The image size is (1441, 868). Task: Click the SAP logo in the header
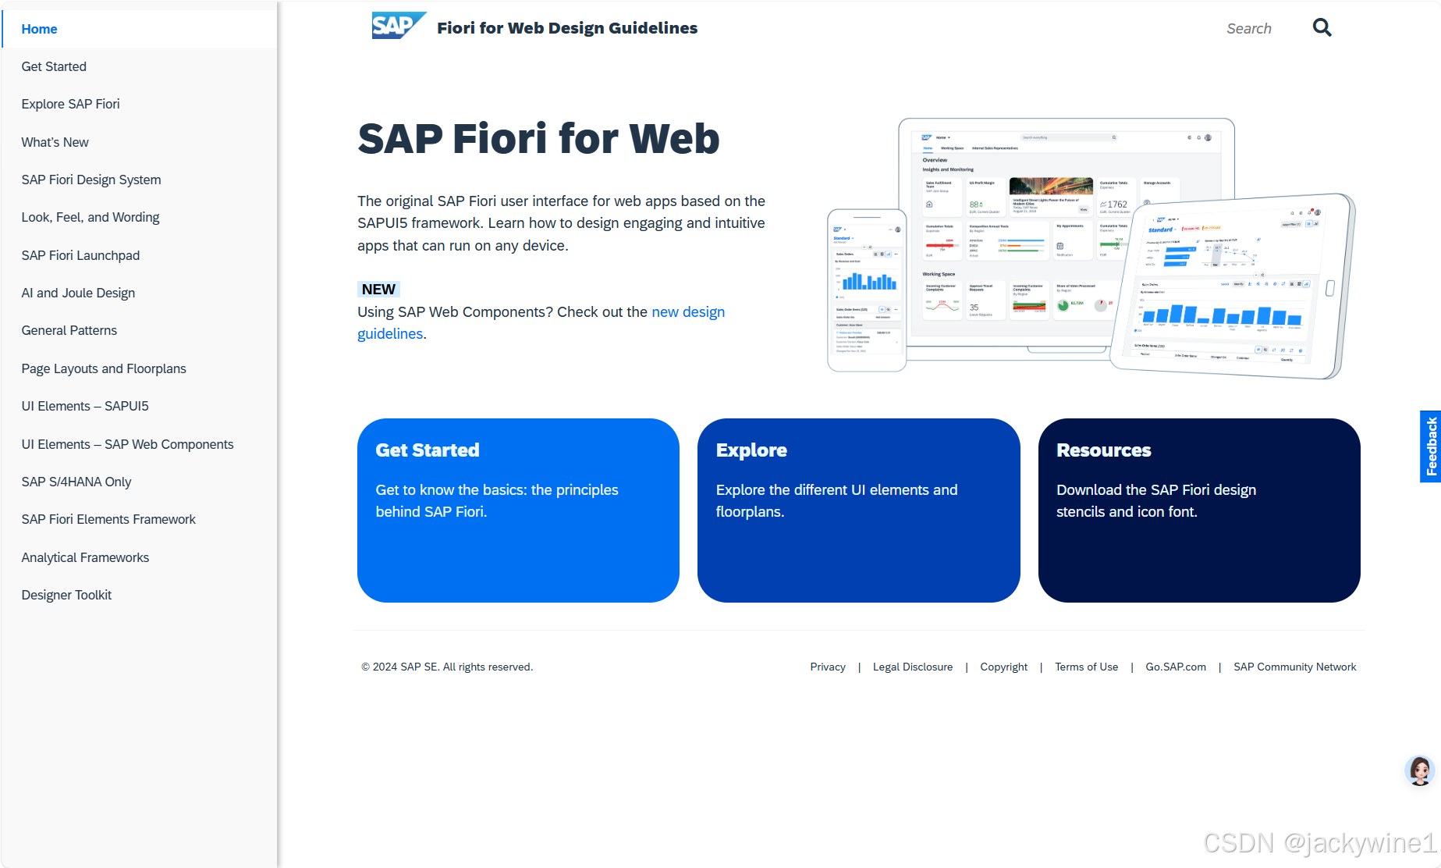[x=398, y=26]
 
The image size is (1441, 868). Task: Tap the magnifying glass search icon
[x=1322, y=28]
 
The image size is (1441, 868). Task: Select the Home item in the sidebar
[x=39, y=29]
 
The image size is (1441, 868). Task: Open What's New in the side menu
[x=55, y=142]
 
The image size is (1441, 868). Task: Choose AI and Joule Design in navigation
[x=78, y=293]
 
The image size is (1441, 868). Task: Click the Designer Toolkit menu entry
[x=66, y=595]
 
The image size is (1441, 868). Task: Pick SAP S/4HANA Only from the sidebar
[x=76, y=482]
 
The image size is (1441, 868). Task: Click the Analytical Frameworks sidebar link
[x=85, y=557]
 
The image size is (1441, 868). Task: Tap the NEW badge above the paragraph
[x=378, y=289]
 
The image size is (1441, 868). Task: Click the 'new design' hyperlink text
[x=688, y=312]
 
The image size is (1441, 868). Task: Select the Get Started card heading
[x=428, y=450]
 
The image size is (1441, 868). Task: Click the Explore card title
[x=751, y=450]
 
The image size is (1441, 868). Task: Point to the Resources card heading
[x=1103, y=450]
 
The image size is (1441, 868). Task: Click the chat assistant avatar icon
[x=1420, y=770]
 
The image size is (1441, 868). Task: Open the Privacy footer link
[x=827, y=667]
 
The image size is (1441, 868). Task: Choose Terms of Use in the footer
[x=1086, y=667]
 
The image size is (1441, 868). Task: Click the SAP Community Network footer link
[x=1294, y=667]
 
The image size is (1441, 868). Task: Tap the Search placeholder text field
[x=1248, y=29]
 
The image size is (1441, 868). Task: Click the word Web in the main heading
[x=674, y=139]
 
